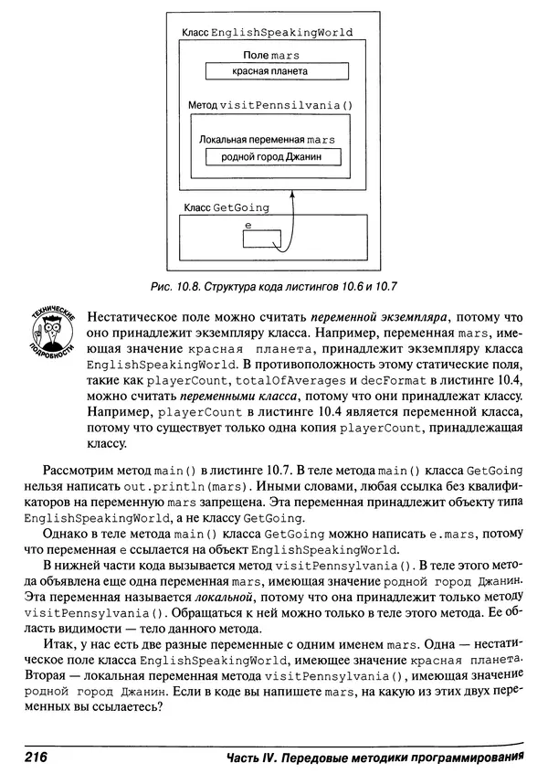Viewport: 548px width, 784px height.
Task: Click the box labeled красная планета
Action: (269, 70)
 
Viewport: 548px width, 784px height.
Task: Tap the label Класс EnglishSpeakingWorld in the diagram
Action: (267, 32)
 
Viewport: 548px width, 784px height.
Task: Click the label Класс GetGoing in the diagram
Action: (227, 207)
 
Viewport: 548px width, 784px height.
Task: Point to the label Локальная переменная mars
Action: (268, 139)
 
